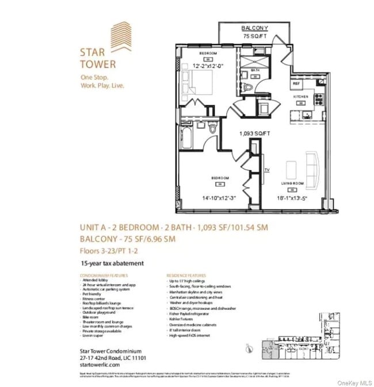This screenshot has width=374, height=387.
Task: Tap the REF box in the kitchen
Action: click(x=297, y=83)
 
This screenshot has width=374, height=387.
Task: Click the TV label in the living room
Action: click(x=267, y=170)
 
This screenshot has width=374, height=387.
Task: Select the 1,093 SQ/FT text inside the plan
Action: click(x=255, y=134)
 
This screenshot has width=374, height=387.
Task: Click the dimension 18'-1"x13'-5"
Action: click(x=292, y=198)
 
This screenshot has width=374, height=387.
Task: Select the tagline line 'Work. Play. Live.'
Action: click(x=102, y=86)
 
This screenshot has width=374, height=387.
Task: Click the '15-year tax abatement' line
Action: click(x=112, y=263)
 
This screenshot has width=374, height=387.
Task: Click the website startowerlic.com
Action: click(x=100, y=365)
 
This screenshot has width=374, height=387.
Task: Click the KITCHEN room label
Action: click(x=302, y=98)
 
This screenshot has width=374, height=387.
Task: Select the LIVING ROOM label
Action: click(x=292, y=183)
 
